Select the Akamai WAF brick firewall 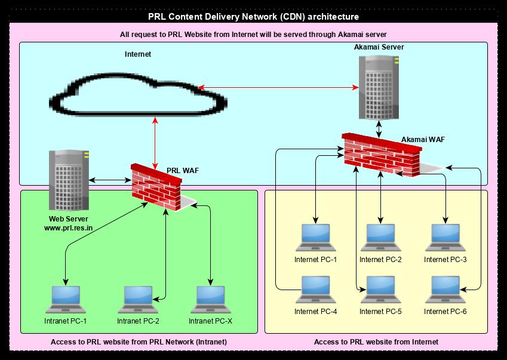point(382,155)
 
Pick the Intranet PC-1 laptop point(65,300)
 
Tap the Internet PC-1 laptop point(315,238)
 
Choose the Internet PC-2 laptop point(380,238)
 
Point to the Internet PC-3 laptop point(445,238)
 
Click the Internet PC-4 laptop point(315,290)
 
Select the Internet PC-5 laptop point(380,290)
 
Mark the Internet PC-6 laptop point(445,290)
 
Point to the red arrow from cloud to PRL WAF point(156,140)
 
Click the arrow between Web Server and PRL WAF point(110,179)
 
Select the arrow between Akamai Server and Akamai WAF point(379,128)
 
